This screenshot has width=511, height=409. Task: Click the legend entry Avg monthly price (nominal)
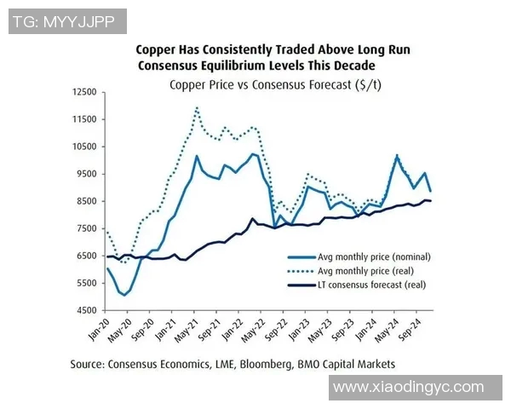coord(375,256)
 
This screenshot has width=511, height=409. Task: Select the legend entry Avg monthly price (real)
coord(368,271)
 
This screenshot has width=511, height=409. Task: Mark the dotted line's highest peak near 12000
coord(197,108)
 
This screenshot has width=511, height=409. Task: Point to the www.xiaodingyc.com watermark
coord(408,387)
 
